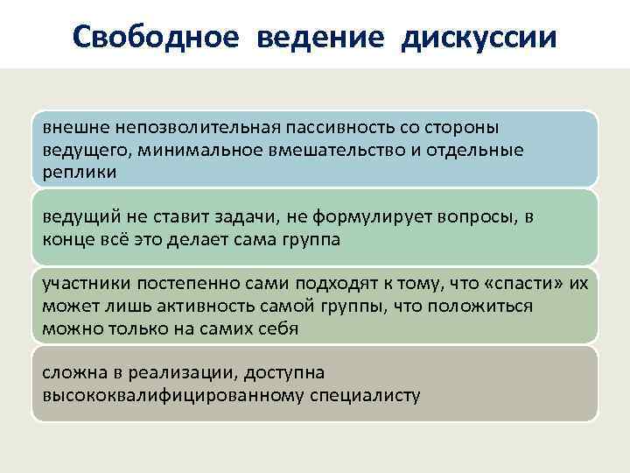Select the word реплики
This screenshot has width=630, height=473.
[x=80, y=173]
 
